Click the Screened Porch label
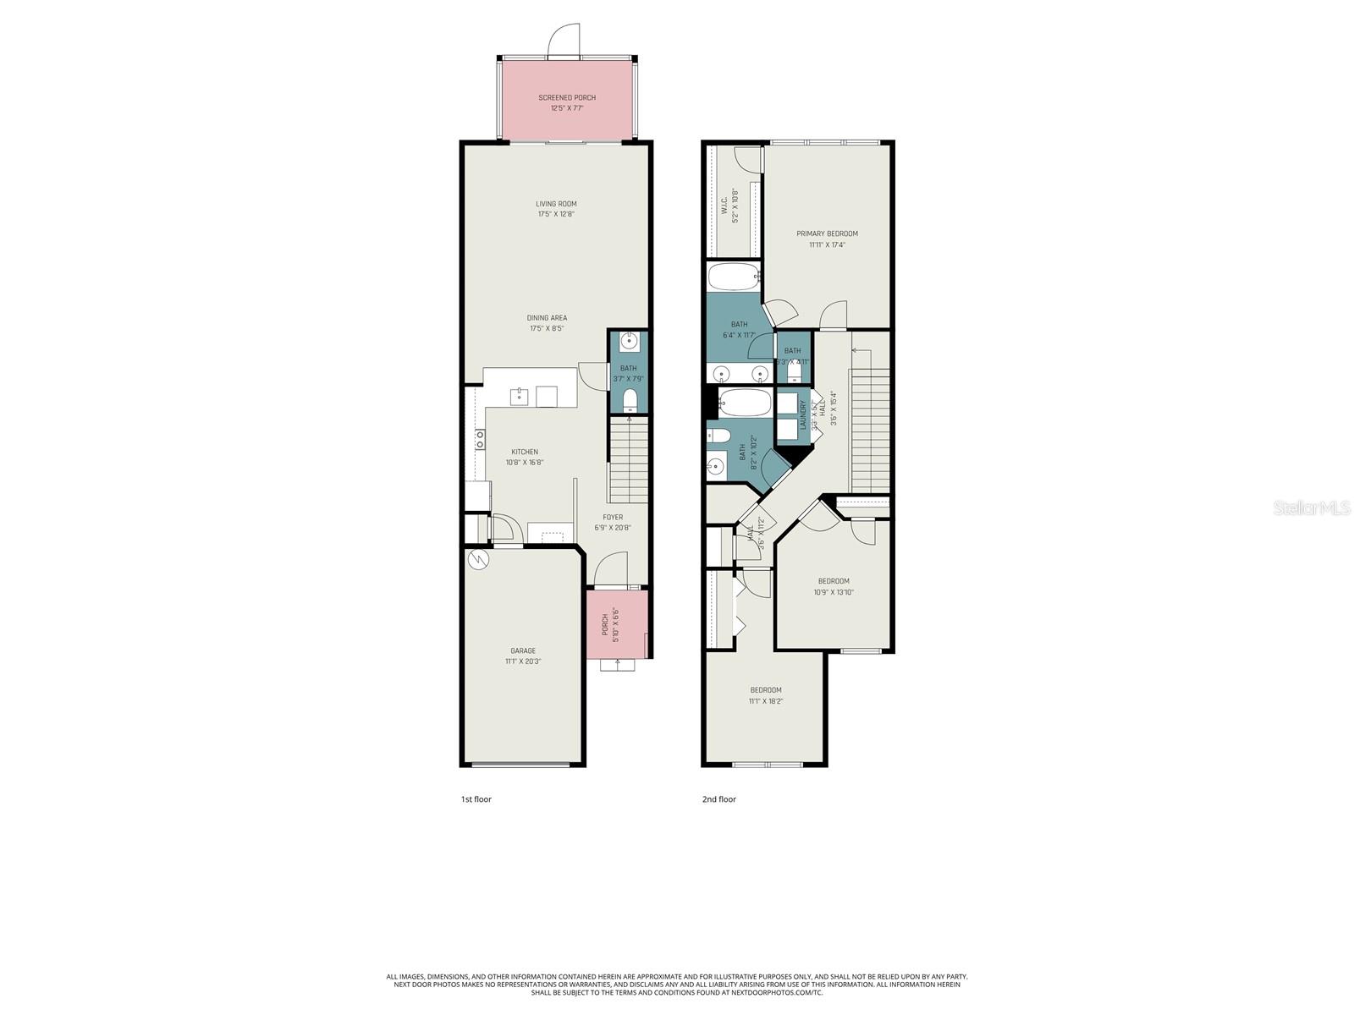point(567,97)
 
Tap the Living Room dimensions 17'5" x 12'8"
point(556,215)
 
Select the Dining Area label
point(547,318)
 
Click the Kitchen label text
point(524,452)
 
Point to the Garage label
point(522,650)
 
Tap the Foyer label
point(613,517)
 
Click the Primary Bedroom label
point(827,233)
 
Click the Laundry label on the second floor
point(803,415)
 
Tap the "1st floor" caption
point(476,799)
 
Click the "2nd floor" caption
point(719,799)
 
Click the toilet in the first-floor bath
point(629,401)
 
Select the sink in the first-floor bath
point(629,342)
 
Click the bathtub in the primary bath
point(734,276)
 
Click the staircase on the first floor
point(628,461)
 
